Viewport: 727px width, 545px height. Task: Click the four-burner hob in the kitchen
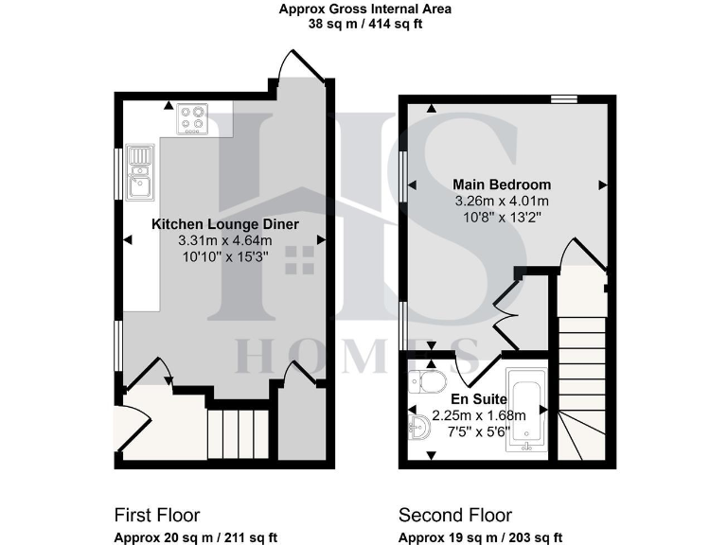point(192,119)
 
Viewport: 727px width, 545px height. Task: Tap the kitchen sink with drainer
point(140,172)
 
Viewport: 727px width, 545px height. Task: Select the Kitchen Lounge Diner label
point(225,224)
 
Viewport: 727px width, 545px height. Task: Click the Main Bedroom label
point(502,184)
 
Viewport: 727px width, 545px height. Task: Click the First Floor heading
point(156,515)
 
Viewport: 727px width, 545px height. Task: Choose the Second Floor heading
point(454,515)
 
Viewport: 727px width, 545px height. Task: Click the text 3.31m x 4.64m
point(224,241)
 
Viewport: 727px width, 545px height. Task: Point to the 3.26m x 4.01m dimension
point(502,201)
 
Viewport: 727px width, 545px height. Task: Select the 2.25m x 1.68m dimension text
point(478,415)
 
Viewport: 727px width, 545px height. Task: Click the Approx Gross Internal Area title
point(364,9)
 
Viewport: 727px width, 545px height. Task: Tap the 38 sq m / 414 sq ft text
point(364,25)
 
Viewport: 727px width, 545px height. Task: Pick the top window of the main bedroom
point(565,97)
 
